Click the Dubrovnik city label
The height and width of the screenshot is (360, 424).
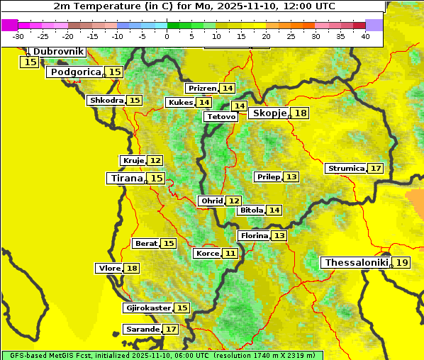pyautogui.click(x=58, y=52)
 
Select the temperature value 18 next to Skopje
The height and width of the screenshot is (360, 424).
pyautogui.click(x=301, y=113)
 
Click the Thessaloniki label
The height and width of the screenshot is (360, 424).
pyautogui.click(x=356, y=263)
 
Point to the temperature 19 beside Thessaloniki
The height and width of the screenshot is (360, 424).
pyautogui.click(x=402, y=263)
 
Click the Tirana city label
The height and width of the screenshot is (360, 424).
pyautogui.click(x=126, y=179)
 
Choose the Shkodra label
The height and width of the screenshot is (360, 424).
pyautogui.click(x=106, y=101)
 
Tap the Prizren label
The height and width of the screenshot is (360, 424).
pyautogui.click(x=202, y=89)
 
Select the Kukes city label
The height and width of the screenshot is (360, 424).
pyautogui.click(x=180, y=103)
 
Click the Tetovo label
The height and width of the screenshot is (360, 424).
pyautogui.click(x=221, y=116)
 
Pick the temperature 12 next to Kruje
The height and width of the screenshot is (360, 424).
pyautogui.click(x=155, y=161)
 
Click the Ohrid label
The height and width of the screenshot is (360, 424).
pyautogui.click(x=211, y=201)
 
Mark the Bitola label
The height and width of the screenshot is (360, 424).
pyautogui.click(x=251, y=210)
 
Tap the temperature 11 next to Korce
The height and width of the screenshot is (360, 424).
pyautogui.click(x=230, y=254)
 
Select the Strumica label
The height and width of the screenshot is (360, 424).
pyautogui.click(x=345, y=169)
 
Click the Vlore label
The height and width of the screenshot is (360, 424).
pyautogui.click(x=108, y=269)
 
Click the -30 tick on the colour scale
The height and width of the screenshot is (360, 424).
pyautogui.click(x=18, y=35)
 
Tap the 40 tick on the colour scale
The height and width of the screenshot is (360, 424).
pyautogui.click(x=365, y=35)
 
